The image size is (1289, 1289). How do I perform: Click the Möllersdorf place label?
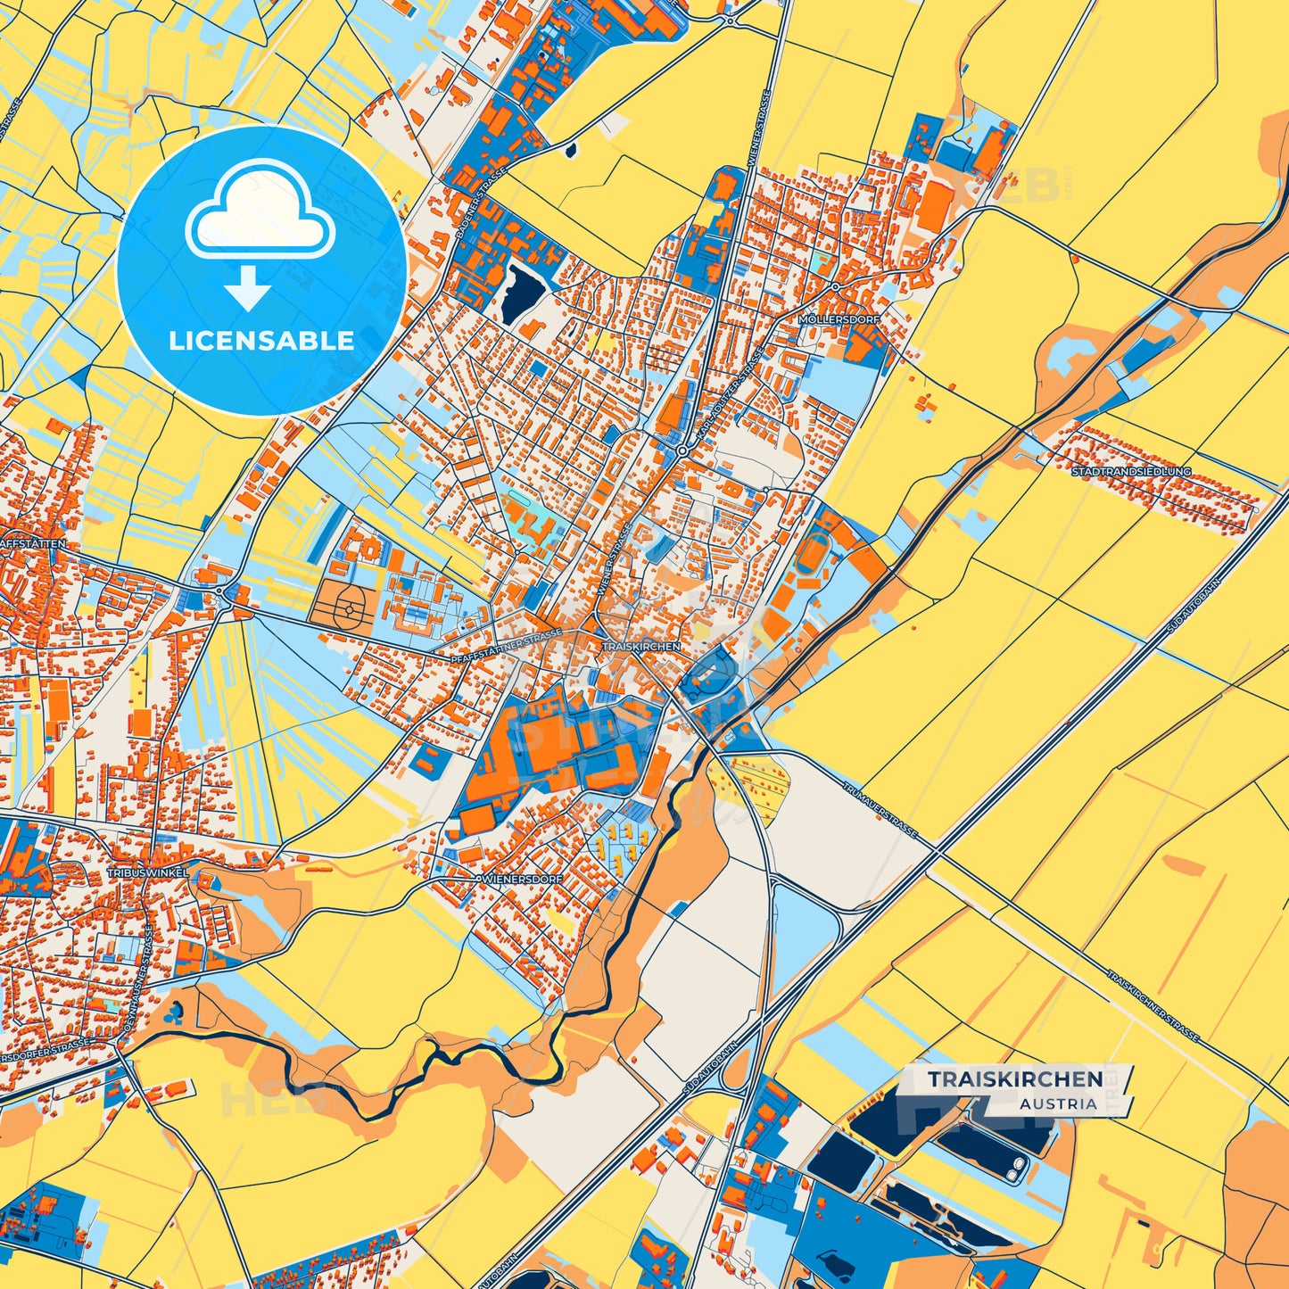839,319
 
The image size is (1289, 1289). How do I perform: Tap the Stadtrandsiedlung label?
1131,471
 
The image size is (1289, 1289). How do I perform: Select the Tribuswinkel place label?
148,872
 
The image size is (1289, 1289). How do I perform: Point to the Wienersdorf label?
523,879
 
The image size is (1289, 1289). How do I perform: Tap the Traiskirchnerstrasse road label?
1153,1005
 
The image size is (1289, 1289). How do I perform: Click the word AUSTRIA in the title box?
1058,1103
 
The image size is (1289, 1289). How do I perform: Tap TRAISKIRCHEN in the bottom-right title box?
1014,1079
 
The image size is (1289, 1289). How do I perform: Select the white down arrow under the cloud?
248,290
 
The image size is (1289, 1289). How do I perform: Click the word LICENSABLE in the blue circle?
261,341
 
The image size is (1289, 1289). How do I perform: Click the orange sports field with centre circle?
344,608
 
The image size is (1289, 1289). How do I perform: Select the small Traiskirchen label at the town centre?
640,646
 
